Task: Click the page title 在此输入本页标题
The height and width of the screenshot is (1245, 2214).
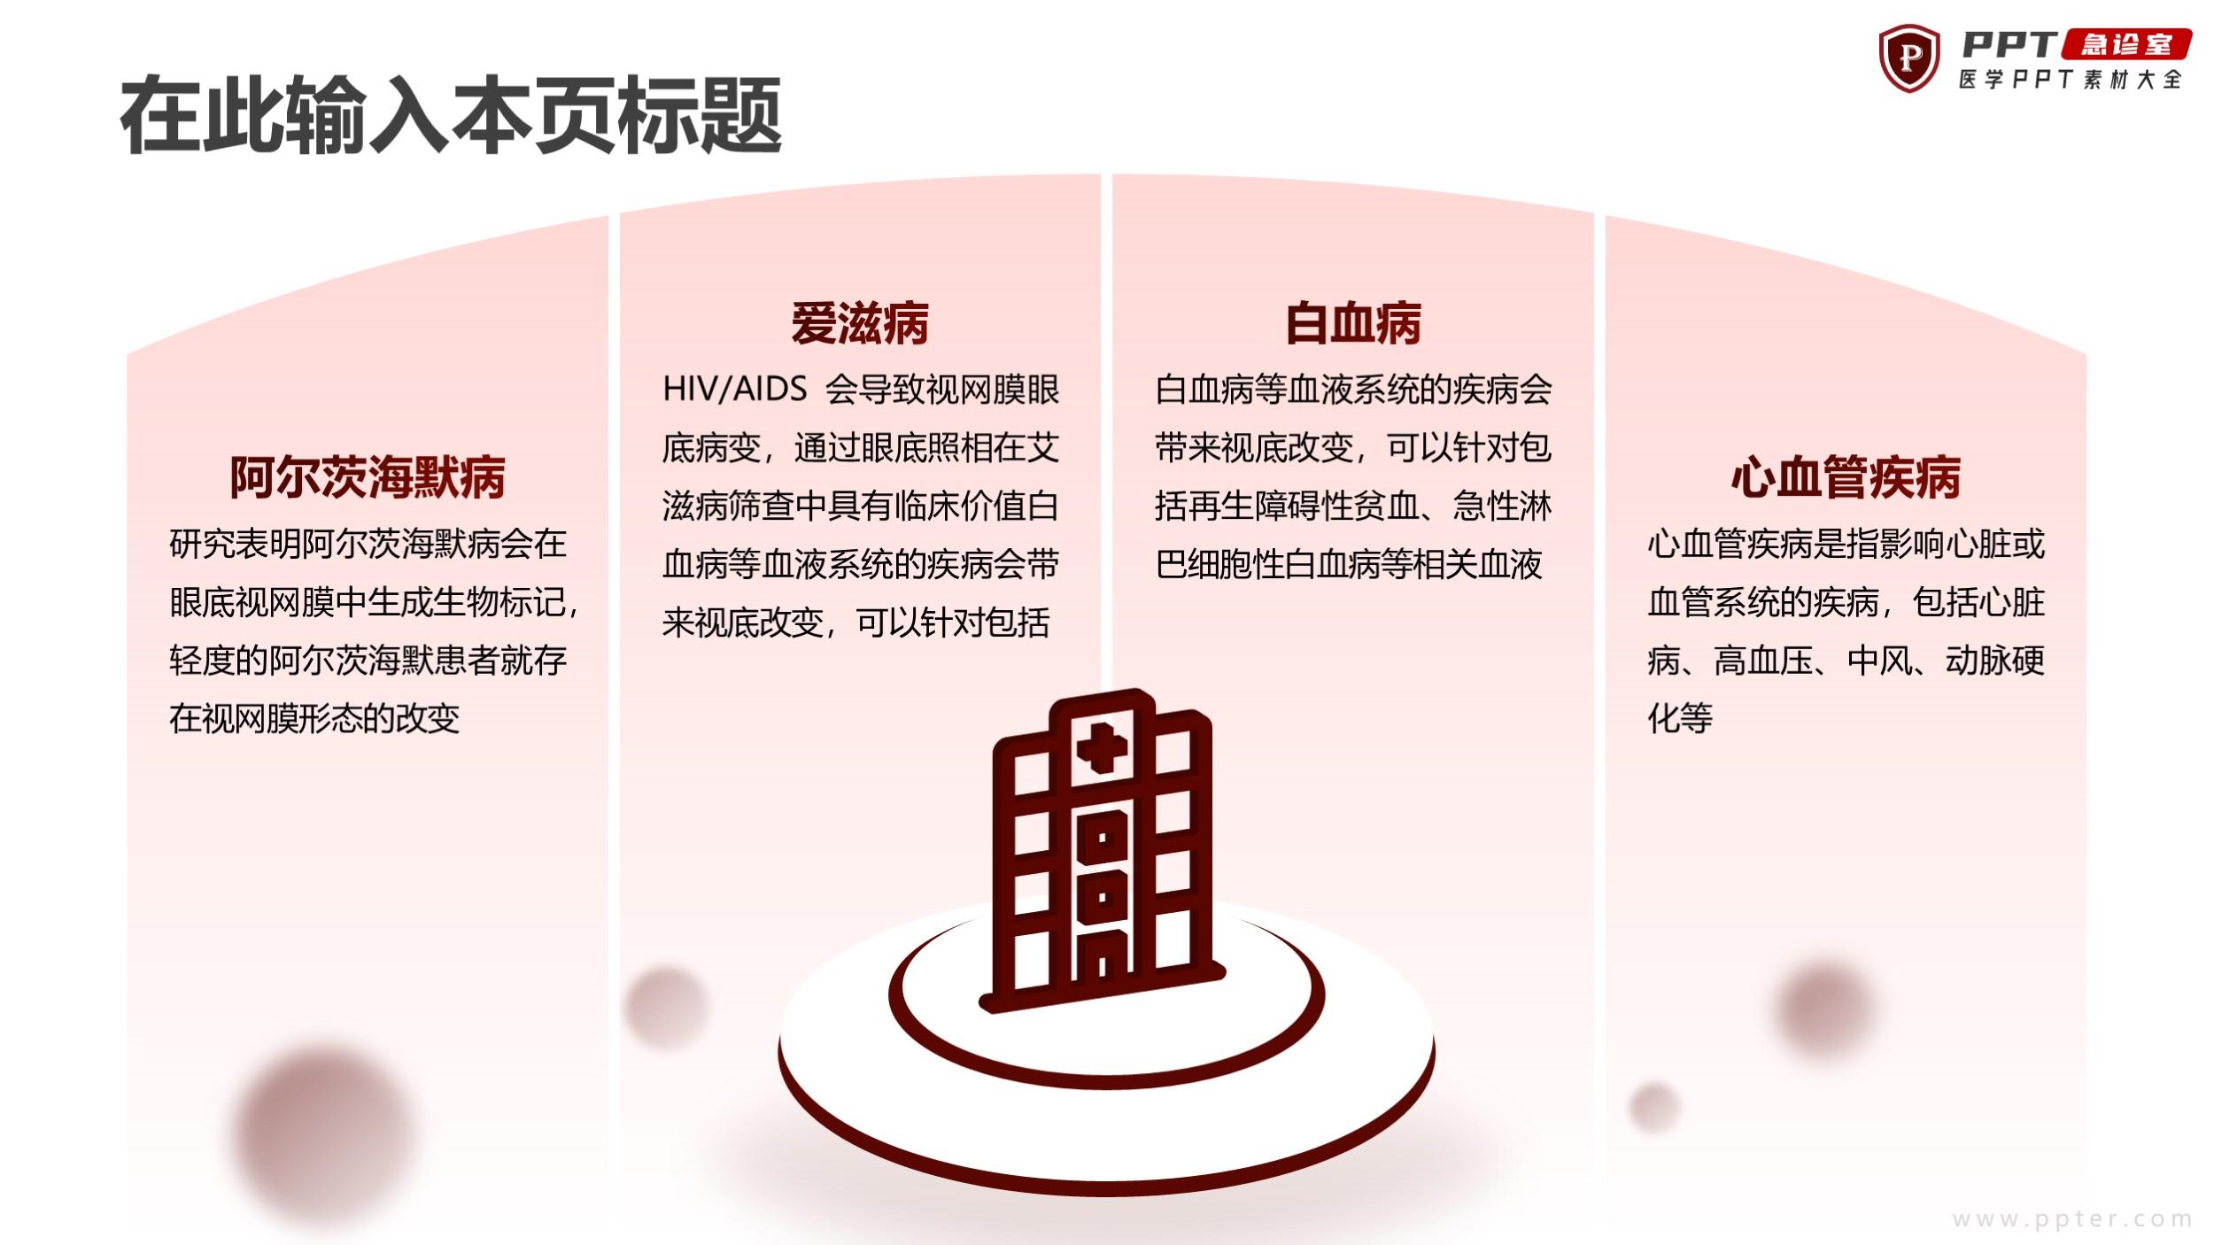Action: (451, 116)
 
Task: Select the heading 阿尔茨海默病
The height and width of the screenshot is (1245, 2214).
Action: (368, 477)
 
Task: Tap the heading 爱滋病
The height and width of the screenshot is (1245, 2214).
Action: (860, 323)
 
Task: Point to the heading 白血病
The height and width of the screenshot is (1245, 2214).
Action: (1353, 323)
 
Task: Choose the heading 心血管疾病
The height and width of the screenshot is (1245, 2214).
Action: (1846, 477)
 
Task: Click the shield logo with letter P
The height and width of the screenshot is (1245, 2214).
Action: (1909, 58)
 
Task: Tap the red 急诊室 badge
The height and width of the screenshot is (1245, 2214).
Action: (2126, 44)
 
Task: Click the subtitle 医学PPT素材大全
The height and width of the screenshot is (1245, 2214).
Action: (2070, 80)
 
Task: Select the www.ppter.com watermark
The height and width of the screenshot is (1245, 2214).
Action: (2072, 1218)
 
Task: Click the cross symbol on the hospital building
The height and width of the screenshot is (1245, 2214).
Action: (1102, 746)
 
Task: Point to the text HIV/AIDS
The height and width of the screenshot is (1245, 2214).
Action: (735, 390)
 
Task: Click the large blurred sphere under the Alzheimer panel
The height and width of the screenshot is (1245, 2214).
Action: (324, 1134)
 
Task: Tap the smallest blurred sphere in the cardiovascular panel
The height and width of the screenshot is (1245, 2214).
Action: (1653, 1107)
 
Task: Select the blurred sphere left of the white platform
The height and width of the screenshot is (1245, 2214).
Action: (667, 1007)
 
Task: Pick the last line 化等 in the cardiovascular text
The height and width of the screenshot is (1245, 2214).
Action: (1680, 718)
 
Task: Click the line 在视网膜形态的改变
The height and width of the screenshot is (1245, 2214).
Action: (314, 718)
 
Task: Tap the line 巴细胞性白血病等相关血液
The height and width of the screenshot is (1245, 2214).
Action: (1348, 564)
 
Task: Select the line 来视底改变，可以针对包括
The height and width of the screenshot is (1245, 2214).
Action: (855, 622)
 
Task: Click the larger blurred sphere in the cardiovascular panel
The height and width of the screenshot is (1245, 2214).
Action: (1824, 1008)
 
